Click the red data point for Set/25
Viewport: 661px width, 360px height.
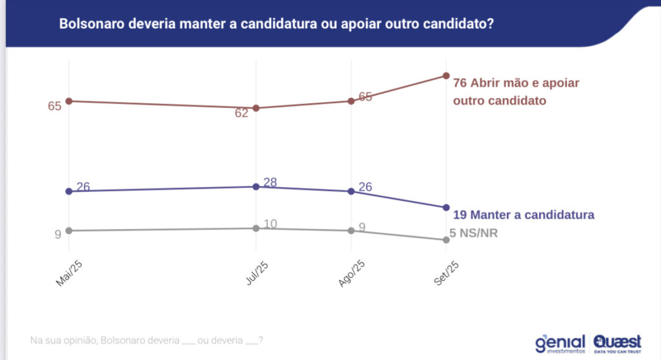tap(446, 75)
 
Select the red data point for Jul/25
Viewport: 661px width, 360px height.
tap(256, 108)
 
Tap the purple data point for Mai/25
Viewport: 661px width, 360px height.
tap(68, 191)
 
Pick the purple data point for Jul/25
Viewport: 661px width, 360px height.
tap(256, 186)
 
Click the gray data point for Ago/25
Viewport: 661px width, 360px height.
tap(351, 230)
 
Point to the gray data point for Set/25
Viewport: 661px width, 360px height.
tap(446, 240)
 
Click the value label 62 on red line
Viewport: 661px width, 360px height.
tap(241, 114)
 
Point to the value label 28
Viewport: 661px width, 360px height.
tap(270, 183)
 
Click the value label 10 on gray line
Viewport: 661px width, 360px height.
tap(270, 224)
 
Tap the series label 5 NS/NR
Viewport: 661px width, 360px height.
tap(473, 234)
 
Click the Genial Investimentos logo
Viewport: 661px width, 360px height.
tap(560, 343)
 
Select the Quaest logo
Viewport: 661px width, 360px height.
tap(618, 343)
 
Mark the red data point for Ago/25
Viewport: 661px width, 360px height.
tap(351, 101)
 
